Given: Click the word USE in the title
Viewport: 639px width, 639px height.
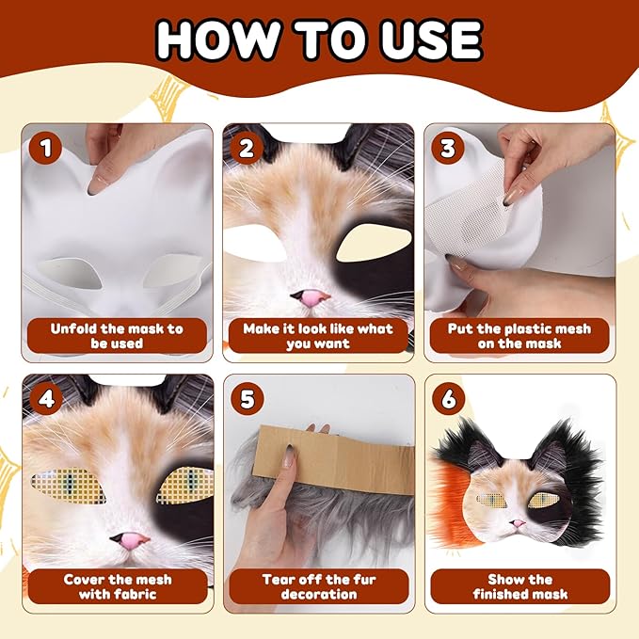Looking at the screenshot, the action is (432, 40).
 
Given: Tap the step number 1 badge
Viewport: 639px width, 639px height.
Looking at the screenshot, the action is (45, 148).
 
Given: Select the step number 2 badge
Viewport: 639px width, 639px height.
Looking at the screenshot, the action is (247, 148).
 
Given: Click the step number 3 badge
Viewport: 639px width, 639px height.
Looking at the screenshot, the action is (447, 148).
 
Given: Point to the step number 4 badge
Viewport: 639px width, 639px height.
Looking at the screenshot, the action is (46, 399).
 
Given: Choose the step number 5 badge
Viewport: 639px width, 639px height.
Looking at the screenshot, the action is (247, 399).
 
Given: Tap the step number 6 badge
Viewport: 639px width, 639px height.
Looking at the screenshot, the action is (448, 399).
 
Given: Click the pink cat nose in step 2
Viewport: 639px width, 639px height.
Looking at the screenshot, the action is (311, 298).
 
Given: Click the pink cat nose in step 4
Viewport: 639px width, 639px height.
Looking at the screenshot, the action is (131, 542).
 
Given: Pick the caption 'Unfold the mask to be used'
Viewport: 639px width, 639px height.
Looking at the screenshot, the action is (117, 336).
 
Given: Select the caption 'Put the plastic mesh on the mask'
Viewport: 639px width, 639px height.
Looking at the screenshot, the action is (519, 336).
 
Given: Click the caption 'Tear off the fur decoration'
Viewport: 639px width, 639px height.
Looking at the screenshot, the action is (319, 586).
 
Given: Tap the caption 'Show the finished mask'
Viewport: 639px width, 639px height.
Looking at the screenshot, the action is (520, 586).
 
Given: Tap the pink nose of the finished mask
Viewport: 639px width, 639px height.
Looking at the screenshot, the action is (518, 523).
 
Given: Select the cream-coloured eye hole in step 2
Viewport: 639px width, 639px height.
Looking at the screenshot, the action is (373, 243).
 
